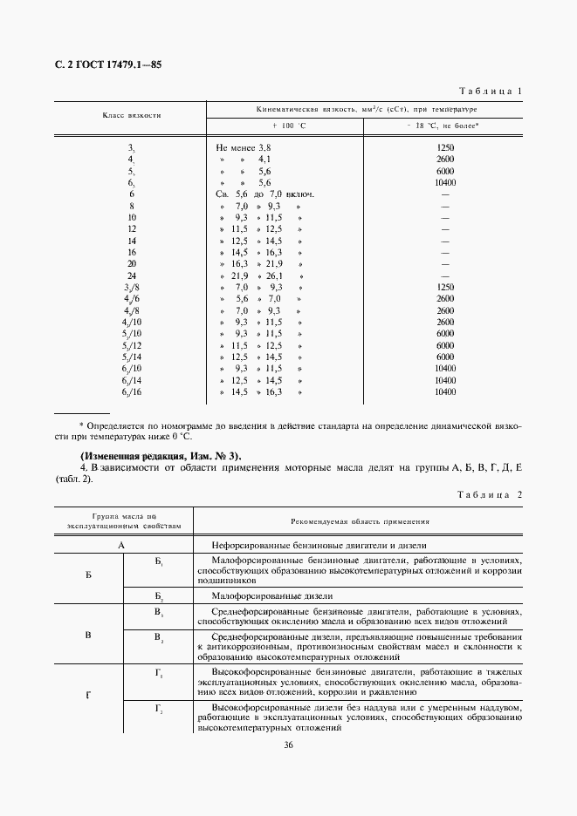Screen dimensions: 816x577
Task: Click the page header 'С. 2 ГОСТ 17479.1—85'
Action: tap(107, 65)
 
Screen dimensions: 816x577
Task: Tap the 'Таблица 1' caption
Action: tap(489, 91)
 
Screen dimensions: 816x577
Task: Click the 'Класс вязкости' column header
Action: tap(132, 115)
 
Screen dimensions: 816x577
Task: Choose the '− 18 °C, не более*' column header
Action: tap(443, 126)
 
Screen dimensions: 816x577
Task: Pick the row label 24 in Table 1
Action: tap(132, 275)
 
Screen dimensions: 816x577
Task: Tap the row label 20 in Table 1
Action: tap(132, 262)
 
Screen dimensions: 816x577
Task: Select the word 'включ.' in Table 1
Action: tap(298, 194)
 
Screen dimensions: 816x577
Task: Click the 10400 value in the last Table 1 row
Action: tap(444, 393)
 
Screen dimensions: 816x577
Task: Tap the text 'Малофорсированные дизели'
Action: tap(262, 596)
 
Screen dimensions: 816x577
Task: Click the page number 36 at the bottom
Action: tap(288, 744)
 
